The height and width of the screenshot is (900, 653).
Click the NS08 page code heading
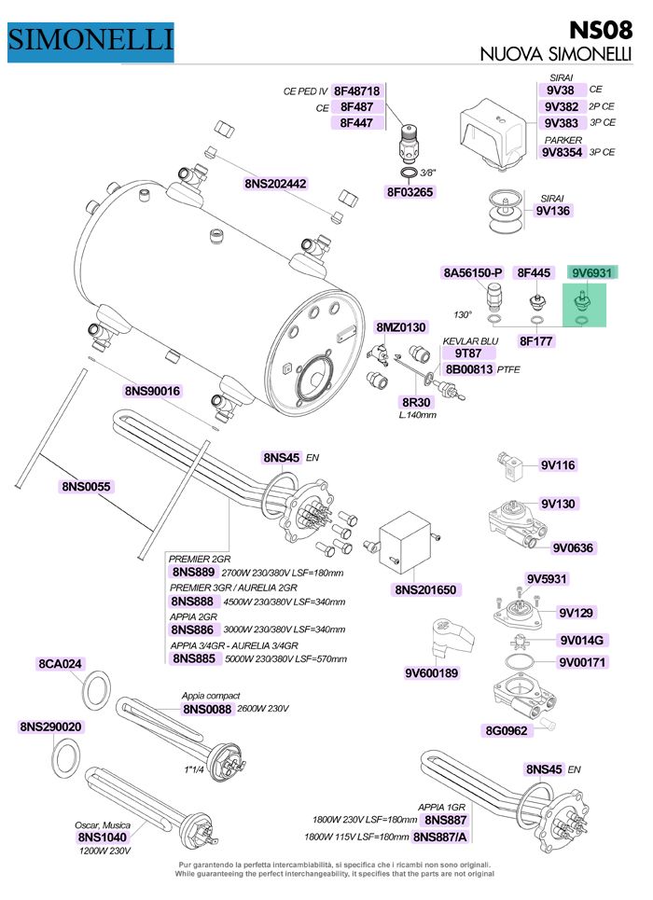click(601, 30)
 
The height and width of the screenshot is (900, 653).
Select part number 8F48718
click(356, 90)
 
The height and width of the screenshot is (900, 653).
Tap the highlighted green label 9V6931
click(591, 272)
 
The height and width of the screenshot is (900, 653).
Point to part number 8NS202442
click(275, 184)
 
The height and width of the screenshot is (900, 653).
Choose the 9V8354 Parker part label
click(563, 152)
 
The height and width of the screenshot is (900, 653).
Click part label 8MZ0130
click(401, 327)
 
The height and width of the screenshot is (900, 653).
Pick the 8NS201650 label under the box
click(425, 589)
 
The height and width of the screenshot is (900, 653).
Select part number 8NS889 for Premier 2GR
click(193, 573)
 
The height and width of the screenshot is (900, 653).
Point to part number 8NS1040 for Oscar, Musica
click(103, 837)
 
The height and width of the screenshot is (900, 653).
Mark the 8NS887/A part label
click(440, 837)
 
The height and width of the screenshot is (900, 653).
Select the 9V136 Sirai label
click(552, 211)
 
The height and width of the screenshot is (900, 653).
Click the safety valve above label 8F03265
click(409, 143)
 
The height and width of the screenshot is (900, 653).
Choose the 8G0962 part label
click(507, 730)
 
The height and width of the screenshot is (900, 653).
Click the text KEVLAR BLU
click(470, 341)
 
